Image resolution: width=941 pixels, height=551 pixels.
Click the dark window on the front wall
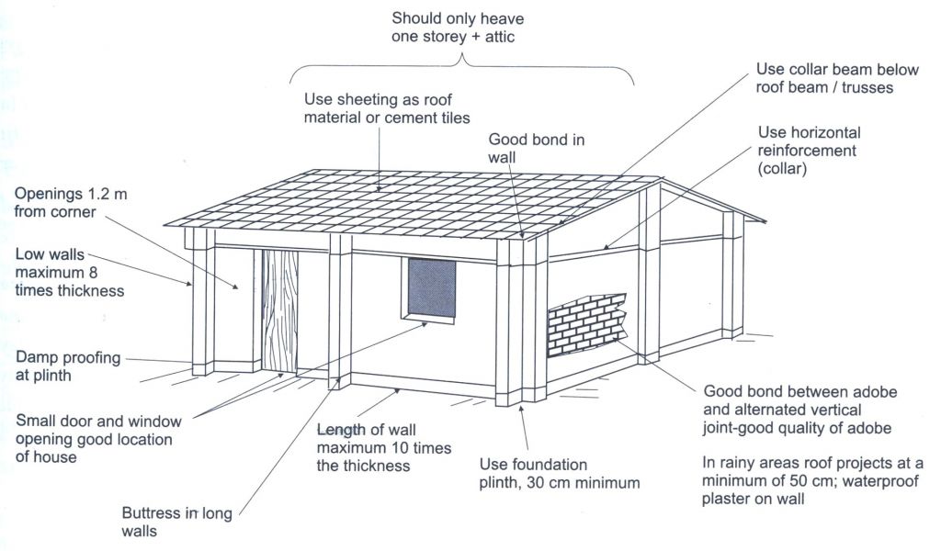click(x=432, y=288)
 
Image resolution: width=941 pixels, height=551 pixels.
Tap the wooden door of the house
click(x=280, y=311)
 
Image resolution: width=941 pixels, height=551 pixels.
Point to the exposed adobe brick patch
click(x=586, y=324)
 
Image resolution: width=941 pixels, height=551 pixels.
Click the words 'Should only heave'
click(x=458, y=18)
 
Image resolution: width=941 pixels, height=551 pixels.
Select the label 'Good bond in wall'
click(x=536, y=148)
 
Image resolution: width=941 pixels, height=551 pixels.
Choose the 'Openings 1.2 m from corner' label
click(x=70, y=203)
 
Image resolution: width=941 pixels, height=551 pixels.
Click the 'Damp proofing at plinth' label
click(x=68, y=366)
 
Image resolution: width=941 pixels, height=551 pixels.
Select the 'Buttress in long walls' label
click(x=176, y=523)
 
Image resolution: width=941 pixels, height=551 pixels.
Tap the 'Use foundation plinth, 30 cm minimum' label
click(x=560, y=474)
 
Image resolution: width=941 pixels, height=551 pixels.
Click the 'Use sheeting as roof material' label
click(x=387, y=108)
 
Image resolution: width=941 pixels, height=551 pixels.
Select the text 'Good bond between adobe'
click(x=800, y=391)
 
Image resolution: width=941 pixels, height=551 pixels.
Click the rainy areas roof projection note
click(x=812, y=481)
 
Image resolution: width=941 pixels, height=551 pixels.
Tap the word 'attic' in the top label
click(x=500, y=37)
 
